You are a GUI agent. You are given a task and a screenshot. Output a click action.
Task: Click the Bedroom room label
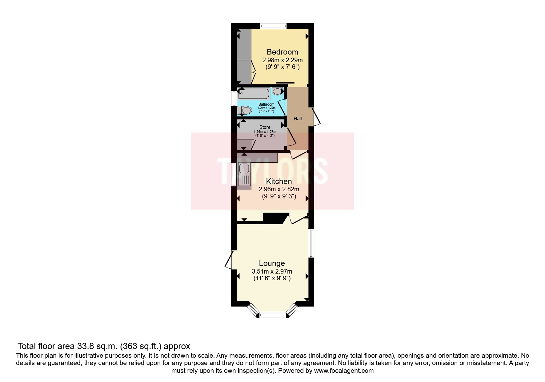click(x=282, y=52)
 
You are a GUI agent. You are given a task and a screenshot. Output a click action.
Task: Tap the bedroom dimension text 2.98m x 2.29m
click(x=282, y=60)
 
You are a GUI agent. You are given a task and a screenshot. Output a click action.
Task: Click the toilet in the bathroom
click(x=244, y=109)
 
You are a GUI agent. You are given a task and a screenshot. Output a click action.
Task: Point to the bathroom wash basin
click(x=277, y=91)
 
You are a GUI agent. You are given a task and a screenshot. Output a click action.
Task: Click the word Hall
click(x=298, y=119)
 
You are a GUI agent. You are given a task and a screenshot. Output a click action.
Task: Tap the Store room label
click(x=265, y=127)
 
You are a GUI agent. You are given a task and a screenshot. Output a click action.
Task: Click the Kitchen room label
click(x=279, y=181)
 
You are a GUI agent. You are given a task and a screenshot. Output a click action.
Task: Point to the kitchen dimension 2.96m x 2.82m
click(x=279, y=189)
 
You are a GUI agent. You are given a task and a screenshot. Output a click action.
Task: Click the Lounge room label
click(x=272, y=263)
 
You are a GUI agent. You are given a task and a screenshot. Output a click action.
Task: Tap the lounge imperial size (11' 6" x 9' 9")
click(x=272, y=278)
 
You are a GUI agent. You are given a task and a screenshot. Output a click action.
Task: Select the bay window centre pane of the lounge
click(x=272, y=315)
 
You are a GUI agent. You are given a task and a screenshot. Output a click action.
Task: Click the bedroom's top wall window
click(x=273, y=26)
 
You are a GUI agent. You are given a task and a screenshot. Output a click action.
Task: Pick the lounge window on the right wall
click(x=311, y=243)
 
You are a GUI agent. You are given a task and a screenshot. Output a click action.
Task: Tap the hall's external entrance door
click(x=316, y=116)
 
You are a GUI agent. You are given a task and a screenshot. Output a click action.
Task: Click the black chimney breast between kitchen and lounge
click(x=275, y=218)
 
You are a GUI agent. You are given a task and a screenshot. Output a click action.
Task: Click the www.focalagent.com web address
click(x=343, y=371)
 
